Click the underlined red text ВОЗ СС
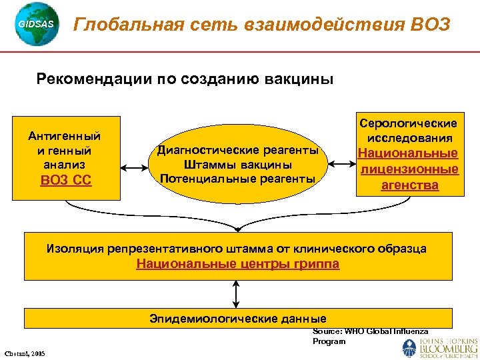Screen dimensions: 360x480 [x=66, y=180]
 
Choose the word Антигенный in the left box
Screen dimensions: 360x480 [x=65, y=136]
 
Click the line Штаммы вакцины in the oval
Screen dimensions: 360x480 [x=238, y=164]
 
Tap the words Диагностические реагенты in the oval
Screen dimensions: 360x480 [x=238, y=150]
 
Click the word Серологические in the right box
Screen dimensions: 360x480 [x=409, y=123]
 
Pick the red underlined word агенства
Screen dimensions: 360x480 [x=409, y=185]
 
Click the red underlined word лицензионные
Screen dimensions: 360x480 [x=409, y=169]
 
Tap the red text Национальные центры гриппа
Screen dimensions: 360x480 [x=237, y=264]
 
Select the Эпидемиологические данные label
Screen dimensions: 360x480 [x=237, y=318]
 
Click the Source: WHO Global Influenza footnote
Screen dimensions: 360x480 [x=370, y=331]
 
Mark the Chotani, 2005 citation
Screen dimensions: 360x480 [x=25, y=353]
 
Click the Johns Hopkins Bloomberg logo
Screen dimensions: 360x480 [x=439, y=347]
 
